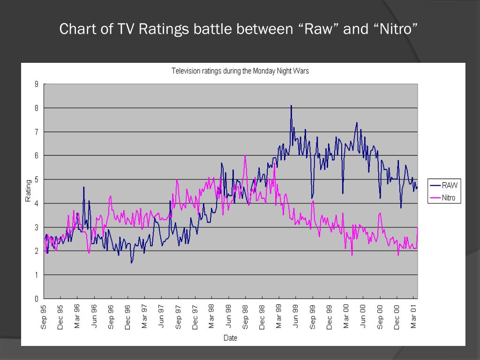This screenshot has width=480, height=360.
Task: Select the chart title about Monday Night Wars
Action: tap(240, 71)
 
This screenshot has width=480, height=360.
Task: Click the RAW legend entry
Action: tap(449, 185)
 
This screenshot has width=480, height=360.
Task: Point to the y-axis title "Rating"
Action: tap(28, 191)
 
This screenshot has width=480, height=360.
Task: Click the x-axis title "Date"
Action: tap(230, 337)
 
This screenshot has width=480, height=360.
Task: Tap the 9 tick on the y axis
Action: tap(36, 84)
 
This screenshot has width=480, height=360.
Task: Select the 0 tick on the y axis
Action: tap(36, 299)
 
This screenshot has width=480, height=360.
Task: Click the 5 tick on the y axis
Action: tap(36, 180)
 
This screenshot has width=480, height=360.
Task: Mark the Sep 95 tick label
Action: tap(44, 317)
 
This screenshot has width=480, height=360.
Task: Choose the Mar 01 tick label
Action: tap(413, 317)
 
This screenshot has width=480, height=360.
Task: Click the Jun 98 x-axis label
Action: tap(229, 317)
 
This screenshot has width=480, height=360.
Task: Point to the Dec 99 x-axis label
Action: tap(330, 317)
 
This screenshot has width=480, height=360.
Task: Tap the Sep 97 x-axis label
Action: tap(178, 317)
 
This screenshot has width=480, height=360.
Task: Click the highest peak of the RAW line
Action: tap(291, 106)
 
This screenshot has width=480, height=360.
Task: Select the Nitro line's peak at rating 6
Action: tap(245, 156)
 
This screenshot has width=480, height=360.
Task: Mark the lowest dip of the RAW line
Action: tap(132, 262)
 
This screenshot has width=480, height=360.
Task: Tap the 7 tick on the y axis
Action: tap(36, 132)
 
